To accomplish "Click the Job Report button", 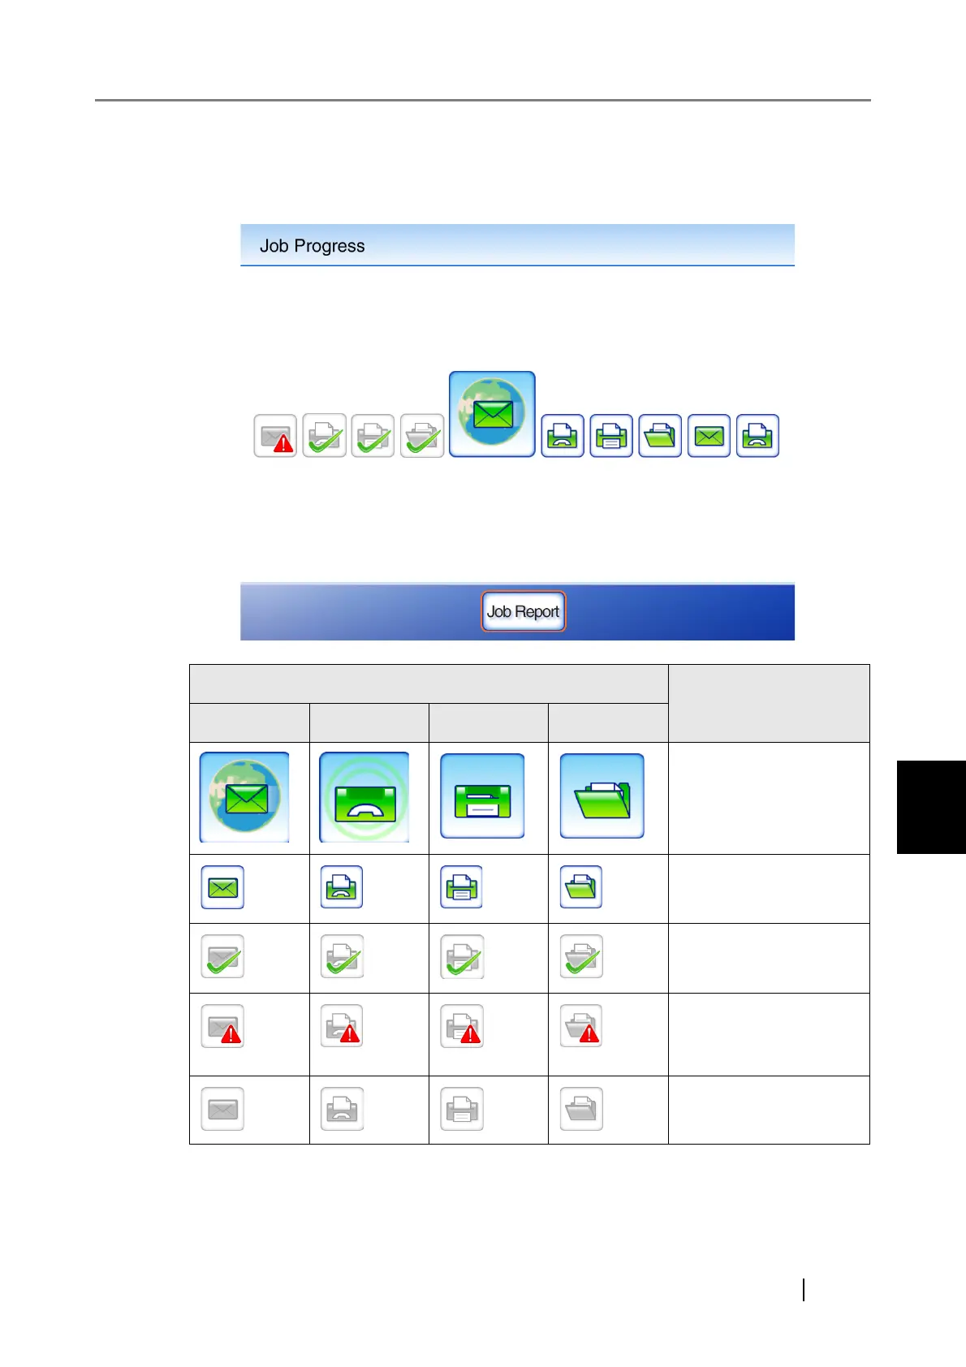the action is coord(524,611).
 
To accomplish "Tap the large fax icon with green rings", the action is coord(364,797).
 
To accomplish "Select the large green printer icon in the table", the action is coord(482,796).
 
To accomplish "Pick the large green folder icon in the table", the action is coord(602,796).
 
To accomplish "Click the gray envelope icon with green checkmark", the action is coord(222,956).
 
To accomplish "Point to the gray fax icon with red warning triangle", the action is coord(342,1026).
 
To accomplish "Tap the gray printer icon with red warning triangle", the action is coord(462,1026).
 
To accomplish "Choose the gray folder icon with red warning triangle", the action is coord(581,1026).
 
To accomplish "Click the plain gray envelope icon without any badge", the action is coord(222,1109).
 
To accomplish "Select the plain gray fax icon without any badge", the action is coord(342,1109).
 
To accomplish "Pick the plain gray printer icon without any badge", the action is coord(462,1109).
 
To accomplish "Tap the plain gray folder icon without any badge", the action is coord(581,1109).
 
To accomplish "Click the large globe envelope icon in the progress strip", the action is coord(492,414).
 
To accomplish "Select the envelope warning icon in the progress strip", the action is coord(275,436).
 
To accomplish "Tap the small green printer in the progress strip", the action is coord(611,436).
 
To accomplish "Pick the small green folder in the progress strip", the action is coord(660,436).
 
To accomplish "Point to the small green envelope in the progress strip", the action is coord(709,436).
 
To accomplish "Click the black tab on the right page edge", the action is coord(931,807).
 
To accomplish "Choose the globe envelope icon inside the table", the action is coord(244,797).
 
